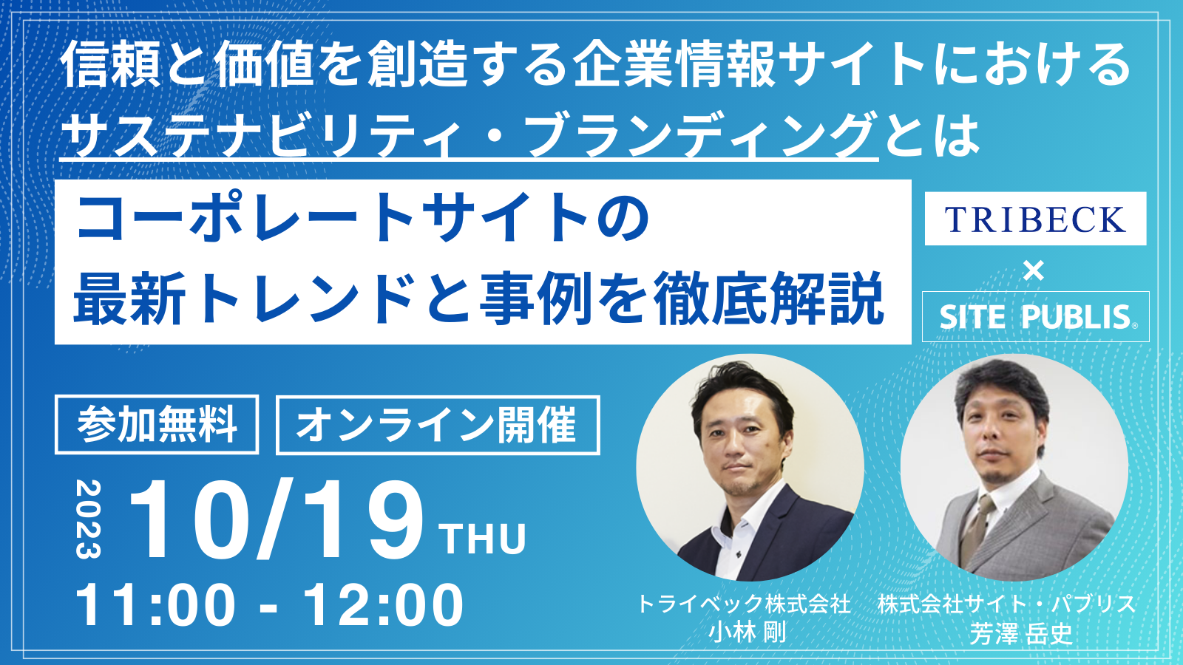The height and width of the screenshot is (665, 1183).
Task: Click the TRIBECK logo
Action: pos(1035,219)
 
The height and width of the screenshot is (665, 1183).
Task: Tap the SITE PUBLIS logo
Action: pos(1036,317)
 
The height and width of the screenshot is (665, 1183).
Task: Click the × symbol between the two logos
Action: pos(1034,271)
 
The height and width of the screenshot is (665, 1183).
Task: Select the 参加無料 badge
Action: pos(157,424)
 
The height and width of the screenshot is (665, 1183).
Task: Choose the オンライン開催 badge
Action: pos(438,425)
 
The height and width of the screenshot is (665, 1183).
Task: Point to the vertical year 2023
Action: pos(88,519)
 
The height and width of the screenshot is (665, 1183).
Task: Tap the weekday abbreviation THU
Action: pos(484,539)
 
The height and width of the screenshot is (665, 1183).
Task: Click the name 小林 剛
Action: pos(748,632)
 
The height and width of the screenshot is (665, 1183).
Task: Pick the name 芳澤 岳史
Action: pos(1021,633)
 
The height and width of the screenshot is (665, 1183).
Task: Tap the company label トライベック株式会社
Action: pos(745,604)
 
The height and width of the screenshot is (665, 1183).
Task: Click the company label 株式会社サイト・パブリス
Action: pos(1007,604)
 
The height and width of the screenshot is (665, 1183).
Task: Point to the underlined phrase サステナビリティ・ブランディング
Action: pos(470,134)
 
